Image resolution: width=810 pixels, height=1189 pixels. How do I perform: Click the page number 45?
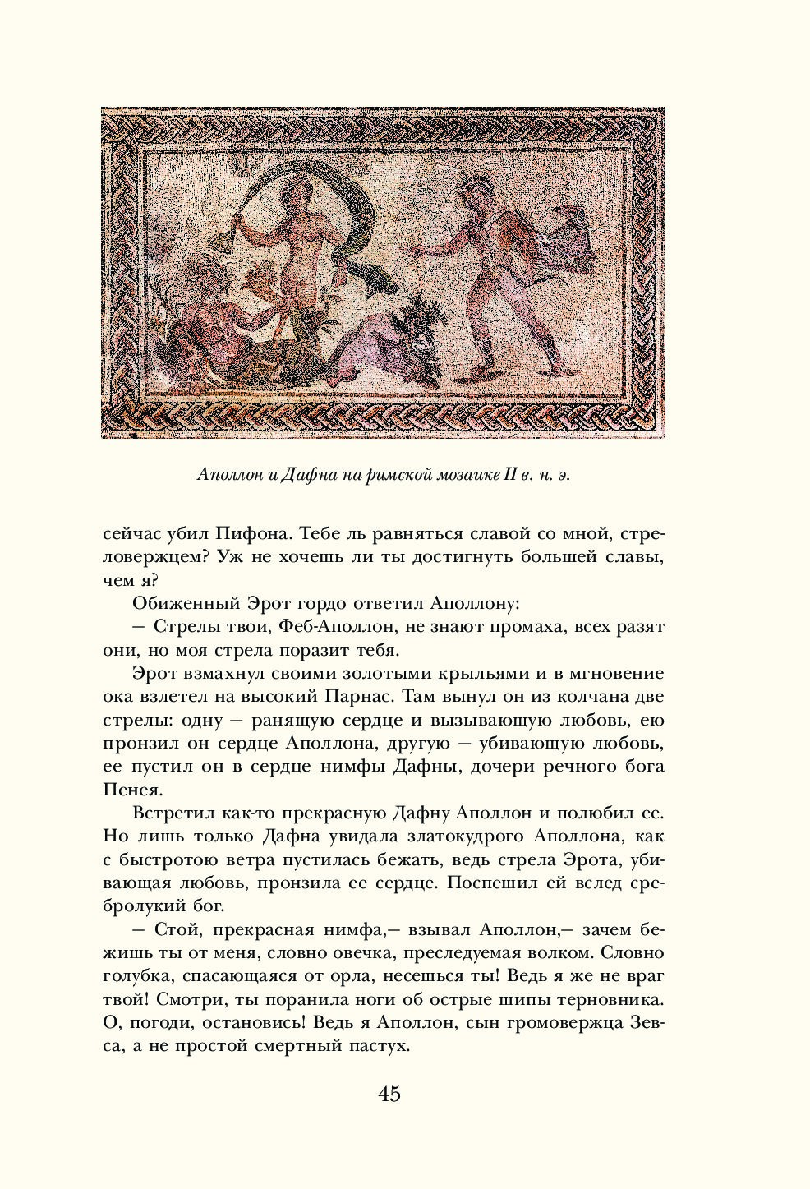[389, 1094]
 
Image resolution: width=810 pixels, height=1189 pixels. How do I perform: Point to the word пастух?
[379, 1048]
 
